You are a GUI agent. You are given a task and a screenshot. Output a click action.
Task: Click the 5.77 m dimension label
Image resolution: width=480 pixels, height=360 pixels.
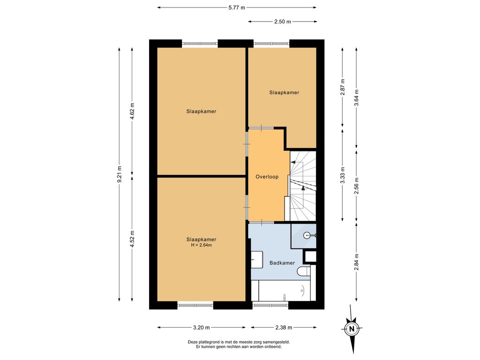237,7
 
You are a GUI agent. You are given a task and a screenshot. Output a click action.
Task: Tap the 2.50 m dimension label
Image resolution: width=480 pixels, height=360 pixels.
282,22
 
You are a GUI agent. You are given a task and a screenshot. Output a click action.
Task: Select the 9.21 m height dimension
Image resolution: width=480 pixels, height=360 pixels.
120,174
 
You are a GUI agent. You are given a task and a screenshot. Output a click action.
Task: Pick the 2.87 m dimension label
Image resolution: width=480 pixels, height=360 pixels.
343,87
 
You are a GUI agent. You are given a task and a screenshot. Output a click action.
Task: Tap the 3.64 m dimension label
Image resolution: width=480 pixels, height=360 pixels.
356,97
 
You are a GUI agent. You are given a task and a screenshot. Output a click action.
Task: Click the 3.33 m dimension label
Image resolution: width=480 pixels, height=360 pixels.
343,175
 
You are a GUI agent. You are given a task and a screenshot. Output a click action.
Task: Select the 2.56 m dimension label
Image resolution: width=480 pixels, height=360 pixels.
356,186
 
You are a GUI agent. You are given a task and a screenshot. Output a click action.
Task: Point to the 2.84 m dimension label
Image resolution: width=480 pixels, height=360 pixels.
356,262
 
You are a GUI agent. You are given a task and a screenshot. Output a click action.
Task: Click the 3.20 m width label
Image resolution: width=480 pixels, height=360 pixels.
202,328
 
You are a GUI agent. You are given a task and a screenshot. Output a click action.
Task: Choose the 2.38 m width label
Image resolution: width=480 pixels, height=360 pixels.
284,328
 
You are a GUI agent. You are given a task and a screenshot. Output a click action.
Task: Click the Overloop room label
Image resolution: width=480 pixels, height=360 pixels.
267,177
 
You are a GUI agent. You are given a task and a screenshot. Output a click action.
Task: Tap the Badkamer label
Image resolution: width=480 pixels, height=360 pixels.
282,262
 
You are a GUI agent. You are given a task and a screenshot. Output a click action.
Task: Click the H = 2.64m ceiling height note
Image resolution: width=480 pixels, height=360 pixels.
202,245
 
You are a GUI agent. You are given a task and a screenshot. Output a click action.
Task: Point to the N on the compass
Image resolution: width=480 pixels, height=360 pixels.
352,329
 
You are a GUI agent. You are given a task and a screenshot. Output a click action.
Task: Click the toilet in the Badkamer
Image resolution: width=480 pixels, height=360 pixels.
304,271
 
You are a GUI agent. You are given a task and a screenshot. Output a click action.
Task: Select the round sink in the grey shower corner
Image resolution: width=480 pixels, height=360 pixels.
307,235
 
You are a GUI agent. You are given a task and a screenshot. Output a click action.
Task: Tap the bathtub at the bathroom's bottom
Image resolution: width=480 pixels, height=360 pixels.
285,291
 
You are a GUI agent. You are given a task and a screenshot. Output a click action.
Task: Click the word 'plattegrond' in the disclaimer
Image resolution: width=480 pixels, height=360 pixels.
209,342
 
